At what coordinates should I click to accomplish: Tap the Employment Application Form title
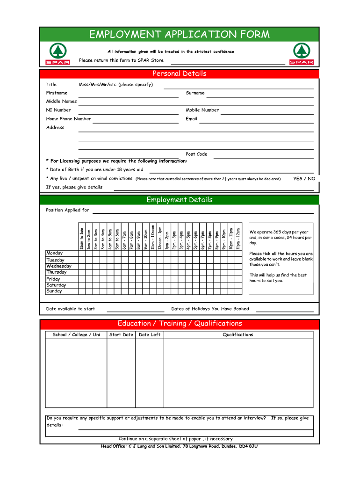[x=180, y=34]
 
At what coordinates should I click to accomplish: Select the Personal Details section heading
[x=180, y=73]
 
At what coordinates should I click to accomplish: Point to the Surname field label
[x=195, y=93]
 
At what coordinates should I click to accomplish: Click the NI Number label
[x=58, y=110]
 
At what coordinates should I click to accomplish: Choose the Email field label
[x=191, y=119]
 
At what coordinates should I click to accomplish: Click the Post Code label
[x=196, y=154]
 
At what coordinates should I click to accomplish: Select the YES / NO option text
[x=304, y=179]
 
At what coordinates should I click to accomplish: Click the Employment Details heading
[x=180, y=200]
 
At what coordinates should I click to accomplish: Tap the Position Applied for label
[x=67, y=210]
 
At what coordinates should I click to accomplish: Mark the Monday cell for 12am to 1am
[x=82, y=254]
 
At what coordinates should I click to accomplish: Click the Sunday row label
[x=54, y=291]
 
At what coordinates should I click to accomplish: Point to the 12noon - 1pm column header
[x=160, y=237]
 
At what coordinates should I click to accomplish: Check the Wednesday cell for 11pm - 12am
[x=238, y=266]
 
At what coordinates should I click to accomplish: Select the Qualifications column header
[x=238, y=334]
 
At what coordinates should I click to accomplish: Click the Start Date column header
[x=121, y=334]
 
